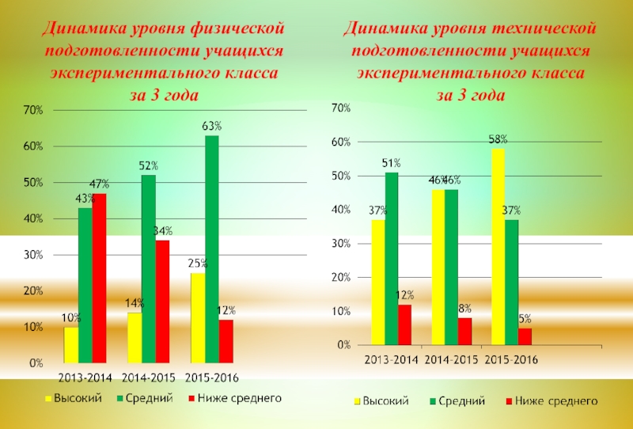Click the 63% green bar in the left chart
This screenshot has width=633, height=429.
(211, 249)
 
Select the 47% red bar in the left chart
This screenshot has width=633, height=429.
(99, 278)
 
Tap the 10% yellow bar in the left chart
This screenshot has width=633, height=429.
(71, 345)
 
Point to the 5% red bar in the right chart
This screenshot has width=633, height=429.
(525, 337)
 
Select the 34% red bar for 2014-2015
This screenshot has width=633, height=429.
(162, 302)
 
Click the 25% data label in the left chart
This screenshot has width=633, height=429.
(197, 264)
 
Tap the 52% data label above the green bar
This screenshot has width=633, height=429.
(149, 166)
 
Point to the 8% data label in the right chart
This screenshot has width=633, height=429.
(464, 309)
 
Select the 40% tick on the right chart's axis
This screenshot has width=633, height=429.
(341, 210)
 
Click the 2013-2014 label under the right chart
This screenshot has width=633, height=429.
(391, 359)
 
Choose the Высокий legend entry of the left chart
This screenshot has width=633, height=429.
(76, 398)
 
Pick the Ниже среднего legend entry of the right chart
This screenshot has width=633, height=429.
(556, 401)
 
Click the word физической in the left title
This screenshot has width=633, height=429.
(237, 28)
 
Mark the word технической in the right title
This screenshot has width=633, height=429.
(547, 28)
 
